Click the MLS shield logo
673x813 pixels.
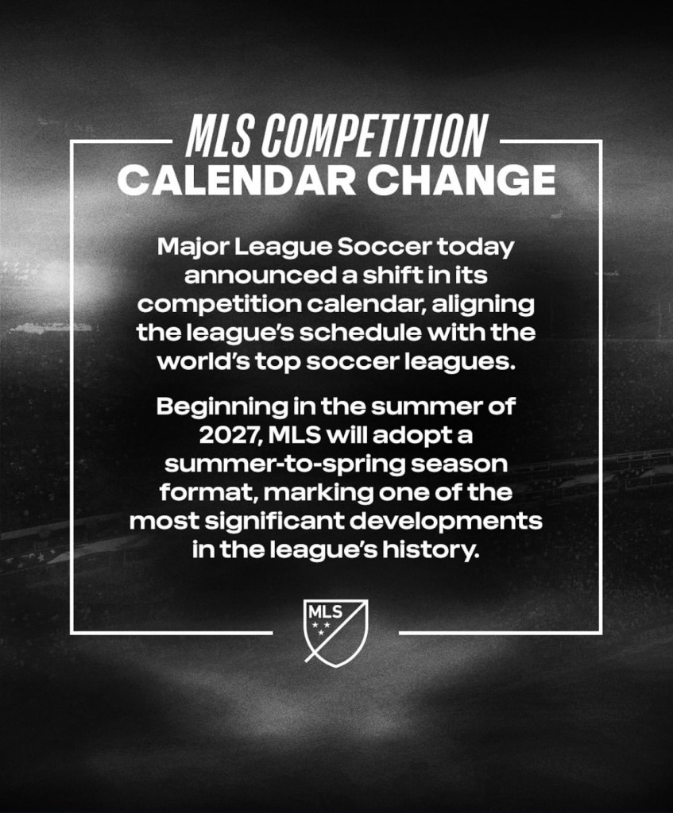coord(336,633)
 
